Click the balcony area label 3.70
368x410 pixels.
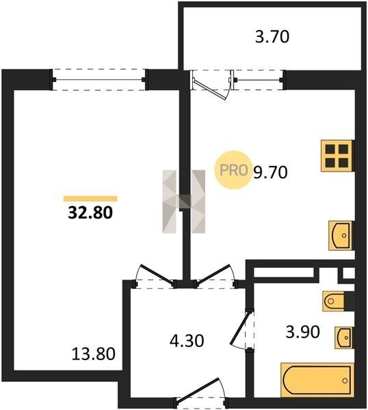(272, 37)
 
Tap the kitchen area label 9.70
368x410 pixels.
(271, 172)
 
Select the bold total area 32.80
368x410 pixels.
(90, 213)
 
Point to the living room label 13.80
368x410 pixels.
(94, 354)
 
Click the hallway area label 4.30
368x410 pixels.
(187, 341)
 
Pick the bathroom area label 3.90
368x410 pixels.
(302, 332)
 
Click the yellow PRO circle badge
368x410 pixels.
(233, 170)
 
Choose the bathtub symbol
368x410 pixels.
(317, 381)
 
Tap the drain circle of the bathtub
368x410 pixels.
(345, 381)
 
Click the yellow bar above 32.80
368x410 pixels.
(90, 199)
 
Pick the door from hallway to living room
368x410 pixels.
(156, 275)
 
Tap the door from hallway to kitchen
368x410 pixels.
(214, 275)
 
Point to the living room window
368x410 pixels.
(99, 80)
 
